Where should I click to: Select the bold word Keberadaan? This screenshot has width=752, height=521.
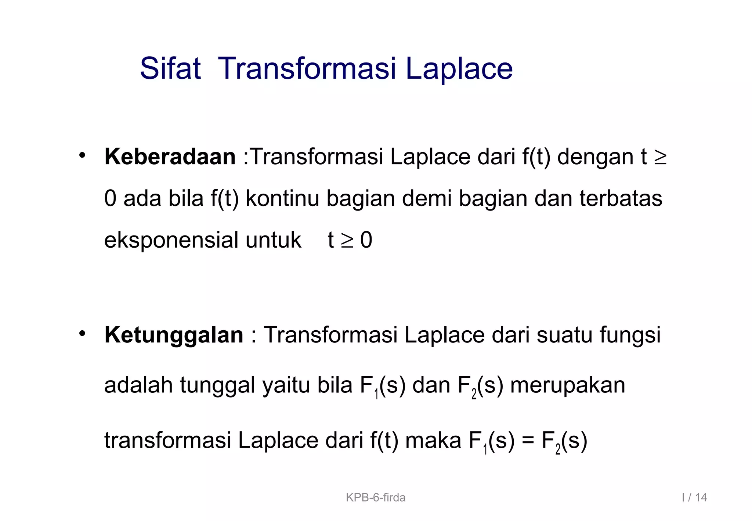pyautogui.click(x=170, y=157)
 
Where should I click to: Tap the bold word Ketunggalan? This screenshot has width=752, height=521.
pyautogui.click(x=174, y=335)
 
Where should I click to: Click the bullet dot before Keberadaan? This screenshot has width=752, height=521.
pyautogui.click(x=82, y=155)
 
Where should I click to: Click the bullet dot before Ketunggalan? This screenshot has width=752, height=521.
pyautogui.click(x=82, y=334)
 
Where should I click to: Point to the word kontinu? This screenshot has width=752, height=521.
pyautogui.click(x=282, y=198)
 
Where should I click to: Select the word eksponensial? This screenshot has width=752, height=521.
pyautogui.click(x=171, y=240)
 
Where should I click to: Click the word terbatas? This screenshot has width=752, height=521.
pyautogui.click(x=621, y=198)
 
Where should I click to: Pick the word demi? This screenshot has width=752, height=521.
pyautogui.click(x=427, y=198)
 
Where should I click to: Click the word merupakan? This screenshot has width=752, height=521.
pyautogui.click(x=568, y=386)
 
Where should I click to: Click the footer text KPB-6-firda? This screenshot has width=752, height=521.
pyautogui.click(x=376, y=497)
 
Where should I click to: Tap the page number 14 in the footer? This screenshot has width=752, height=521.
pyautogui.click(x=701, y=497)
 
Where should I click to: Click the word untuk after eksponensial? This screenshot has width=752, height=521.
pyautogui.click(x=274, y=240)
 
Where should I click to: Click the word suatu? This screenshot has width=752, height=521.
pyautogui.click(x=564, y=335)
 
